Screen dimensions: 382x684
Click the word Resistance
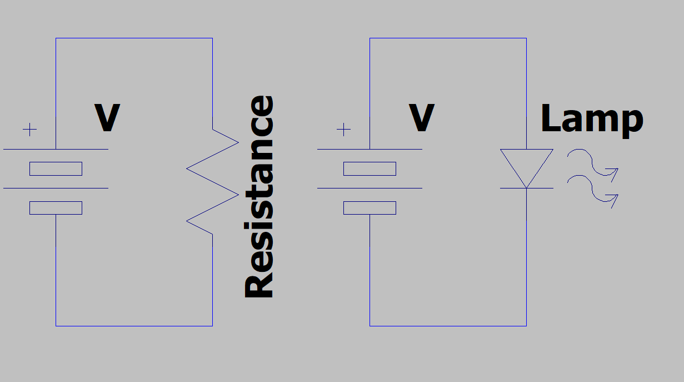(x=259, y=197)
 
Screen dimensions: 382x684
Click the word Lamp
(x=591, y=119)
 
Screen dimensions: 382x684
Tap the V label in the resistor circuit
(x=107, y=118)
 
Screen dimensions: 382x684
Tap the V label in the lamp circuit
(x=421, y=118)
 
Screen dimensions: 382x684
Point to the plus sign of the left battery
(x=29, y=130)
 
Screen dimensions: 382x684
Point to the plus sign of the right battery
(x=344, y=130)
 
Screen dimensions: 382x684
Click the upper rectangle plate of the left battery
(x=56, y=168)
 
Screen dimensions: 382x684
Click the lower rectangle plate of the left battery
(x=56, y=207)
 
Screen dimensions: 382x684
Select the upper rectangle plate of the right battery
(x=370, y=168)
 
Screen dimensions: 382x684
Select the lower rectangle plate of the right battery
(x=370, y=207)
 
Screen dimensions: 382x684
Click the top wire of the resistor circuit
(x=134, y=38)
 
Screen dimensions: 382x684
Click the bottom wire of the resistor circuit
(x=134, y=326)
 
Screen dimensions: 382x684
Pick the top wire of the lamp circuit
(x=448, y=38)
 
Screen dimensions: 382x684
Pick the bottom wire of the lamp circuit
(x=448, y=326)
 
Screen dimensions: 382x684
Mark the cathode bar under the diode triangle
(x=526, y=188)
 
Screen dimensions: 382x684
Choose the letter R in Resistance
(x=259, y=284)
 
